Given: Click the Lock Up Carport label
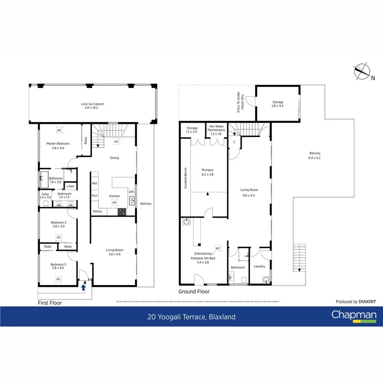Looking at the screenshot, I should point(92,106).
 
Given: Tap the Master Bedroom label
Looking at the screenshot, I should point(58,146).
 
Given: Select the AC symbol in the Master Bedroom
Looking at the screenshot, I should point(58,131).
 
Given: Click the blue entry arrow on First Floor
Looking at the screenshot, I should point(83,288).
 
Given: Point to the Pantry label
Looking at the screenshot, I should point(97,212).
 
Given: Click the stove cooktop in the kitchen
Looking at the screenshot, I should point(122,211).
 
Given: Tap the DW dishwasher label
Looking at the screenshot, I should point(131,192).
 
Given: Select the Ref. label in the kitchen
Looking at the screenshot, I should point(95,183).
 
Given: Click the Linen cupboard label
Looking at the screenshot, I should point(70,186).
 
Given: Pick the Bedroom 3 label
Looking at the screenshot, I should point(58,266).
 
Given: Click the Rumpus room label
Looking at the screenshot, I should point(207,171).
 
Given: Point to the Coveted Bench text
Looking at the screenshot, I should point(186,178).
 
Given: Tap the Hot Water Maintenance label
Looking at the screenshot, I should point(217,130).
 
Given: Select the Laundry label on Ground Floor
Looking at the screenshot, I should point(259,266).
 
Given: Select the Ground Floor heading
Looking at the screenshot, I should point(194,292).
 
